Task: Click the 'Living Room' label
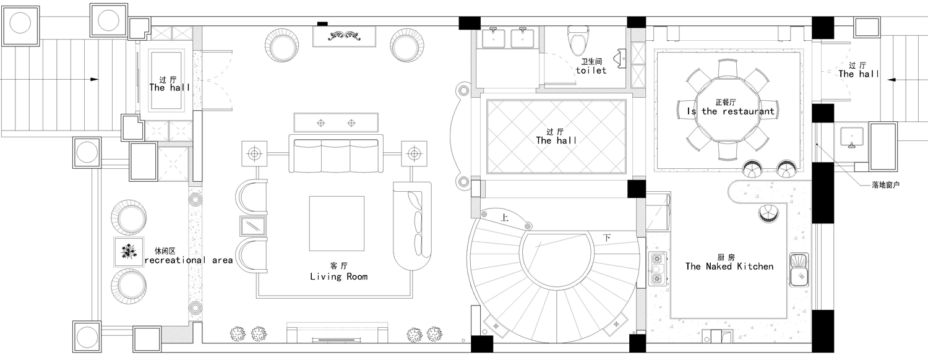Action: [x=339, y=276]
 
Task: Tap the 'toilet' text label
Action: [x=591, y=71]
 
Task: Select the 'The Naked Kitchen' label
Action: [x=729, y=267]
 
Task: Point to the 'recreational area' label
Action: [x=189, y=260]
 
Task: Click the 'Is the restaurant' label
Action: [x=731, y=111]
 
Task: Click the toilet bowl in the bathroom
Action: [x=578, y=41]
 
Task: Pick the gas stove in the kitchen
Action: [x=657, y=268]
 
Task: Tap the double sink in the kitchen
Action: [x=799, y=270]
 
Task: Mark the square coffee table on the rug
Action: [x=337, y=223]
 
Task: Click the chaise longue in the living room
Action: [x=412, y=226]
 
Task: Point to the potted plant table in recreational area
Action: [x=129, y=252]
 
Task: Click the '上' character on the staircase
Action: [x=504, y=218]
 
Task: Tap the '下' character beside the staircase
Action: [x=606, y=238]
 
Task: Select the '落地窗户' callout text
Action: [x=885, y=185]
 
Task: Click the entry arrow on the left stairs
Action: [x=49, y=79]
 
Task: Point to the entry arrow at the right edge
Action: [x=908, y=79]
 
